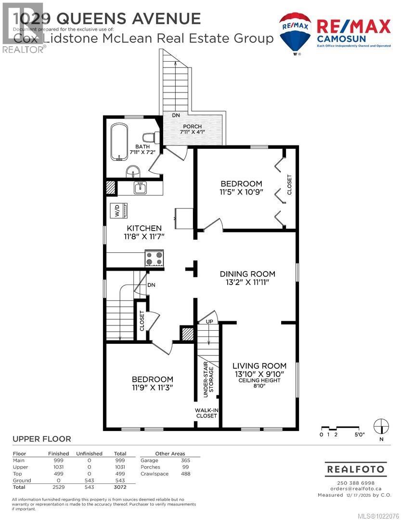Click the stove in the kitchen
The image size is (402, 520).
[155, 258]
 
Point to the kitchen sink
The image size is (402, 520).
[140, 188]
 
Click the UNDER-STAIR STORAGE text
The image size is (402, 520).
[208, 381]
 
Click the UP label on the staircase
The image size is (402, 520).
[209, 321]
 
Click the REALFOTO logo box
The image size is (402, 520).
[356, 468]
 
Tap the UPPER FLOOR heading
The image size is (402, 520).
[41, 439]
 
